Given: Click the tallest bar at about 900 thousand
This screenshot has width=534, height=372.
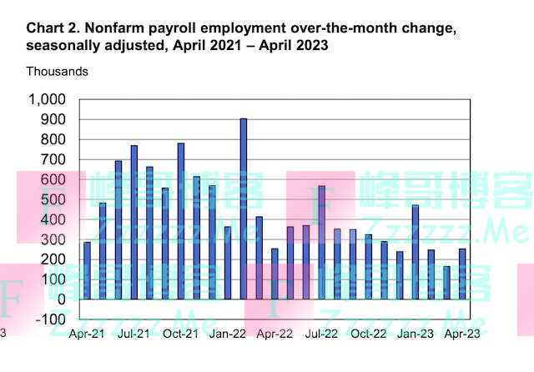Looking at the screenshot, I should click(244, 209).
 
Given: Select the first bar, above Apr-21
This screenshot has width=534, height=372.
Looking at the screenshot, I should click(87, 270).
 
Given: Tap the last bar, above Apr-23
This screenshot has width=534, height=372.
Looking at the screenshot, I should click(462, 274).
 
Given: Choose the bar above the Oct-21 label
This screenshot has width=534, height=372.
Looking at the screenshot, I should click(181, 221).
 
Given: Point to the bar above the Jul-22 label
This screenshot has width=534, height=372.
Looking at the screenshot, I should click(321, 242).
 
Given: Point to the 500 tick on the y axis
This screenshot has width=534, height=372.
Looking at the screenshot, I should click(53, 199).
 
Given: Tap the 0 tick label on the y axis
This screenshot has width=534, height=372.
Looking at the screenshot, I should click(60, 299).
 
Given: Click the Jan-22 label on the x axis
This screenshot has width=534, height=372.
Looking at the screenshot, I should click(227, 334).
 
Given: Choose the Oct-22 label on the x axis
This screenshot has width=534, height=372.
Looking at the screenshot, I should click(369, 334).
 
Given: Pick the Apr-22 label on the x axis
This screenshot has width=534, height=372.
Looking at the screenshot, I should click(275, 334).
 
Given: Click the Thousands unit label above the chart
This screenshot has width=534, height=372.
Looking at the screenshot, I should click(57, 72).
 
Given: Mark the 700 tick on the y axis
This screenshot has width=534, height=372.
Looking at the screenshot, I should click(53, 159).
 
